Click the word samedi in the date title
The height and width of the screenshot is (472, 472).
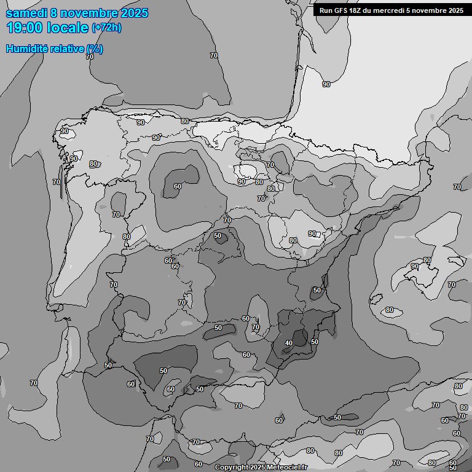pos(26,13)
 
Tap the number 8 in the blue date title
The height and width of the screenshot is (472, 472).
pos(55,13)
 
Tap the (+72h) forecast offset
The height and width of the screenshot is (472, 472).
pos(106,28)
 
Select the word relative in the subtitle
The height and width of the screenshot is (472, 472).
pos(66,49)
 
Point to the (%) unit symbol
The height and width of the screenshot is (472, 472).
pos(95,49)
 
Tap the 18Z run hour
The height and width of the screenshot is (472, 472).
pos(357,10)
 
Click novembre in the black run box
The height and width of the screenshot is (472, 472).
pos(429,10)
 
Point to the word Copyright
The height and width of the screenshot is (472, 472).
pos(232,468)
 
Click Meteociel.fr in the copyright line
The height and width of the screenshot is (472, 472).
pos(286,468)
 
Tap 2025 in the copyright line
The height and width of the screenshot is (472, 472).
pos(258,468)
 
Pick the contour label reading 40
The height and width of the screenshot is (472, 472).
pos(289,343)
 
